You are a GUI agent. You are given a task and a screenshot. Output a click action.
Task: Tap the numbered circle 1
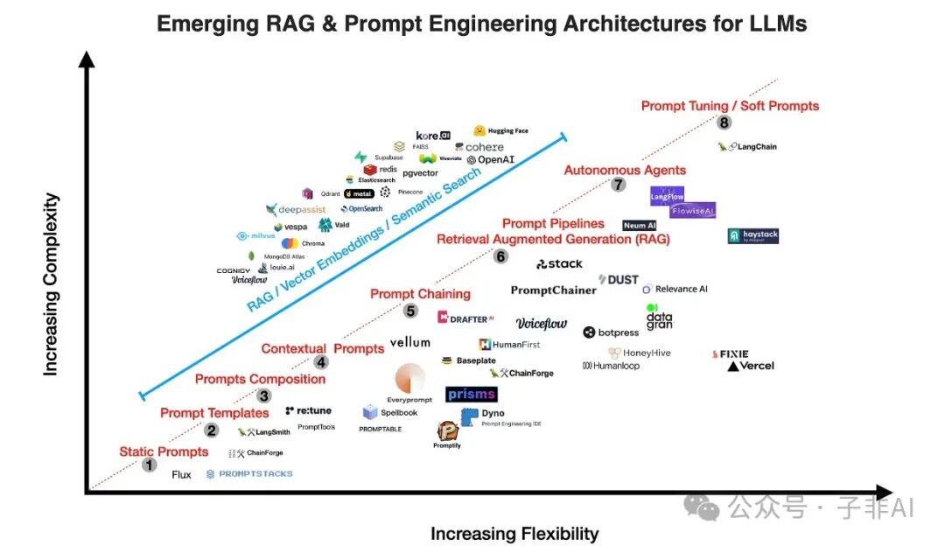click(x=150, y=465)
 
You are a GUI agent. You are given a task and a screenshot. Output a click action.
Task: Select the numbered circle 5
click(x=410, y=310)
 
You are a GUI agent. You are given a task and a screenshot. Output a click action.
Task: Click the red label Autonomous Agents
click(x=625, y=170)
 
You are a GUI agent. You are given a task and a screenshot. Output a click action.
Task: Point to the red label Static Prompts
click(x=164, y=451)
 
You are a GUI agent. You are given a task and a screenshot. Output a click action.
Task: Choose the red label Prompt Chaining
click(x=420, y=294)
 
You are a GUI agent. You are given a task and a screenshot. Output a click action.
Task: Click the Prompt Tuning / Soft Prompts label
click(x=730, y=106)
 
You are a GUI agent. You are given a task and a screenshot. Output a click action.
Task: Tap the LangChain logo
click(x=747, y=147)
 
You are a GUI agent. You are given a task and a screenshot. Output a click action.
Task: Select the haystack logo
click(x=752, y=236)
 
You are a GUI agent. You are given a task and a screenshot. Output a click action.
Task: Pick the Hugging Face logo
click(x=501, y=131)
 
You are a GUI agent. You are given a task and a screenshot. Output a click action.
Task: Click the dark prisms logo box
click(x=472, y=395)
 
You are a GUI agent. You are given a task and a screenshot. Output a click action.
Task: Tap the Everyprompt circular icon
click(x=409, y=379)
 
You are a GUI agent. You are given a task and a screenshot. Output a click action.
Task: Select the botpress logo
click(x=612, y=332)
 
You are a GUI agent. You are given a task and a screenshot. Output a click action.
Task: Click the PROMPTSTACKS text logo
click(x=249, y=474)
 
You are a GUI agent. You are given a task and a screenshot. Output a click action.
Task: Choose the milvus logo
click(x=256, y=236)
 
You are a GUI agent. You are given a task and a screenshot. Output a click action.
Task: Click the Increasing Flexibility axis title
click(x=514, y=534)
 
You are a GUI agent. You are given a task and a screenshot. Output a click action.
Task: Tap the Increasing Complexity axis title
click(x=51, y=285)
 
